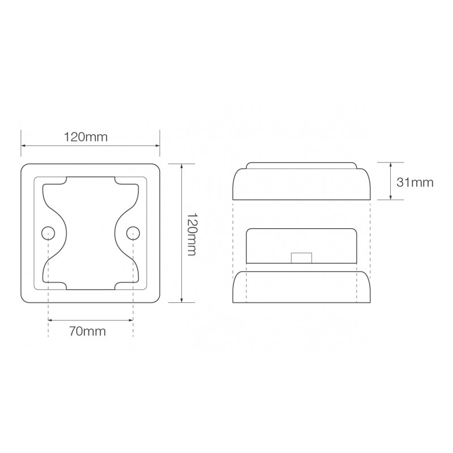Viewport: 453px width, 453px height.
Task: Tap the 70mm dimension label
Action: [91, 331]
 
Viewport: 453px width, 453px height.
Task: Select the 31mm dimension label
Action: [414, 182]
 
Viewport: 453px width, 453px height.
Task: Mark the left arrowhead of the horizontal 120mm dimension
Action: [24, 146]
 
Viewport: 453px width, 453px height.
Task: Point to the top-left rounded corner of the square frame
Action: [25, 168]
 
